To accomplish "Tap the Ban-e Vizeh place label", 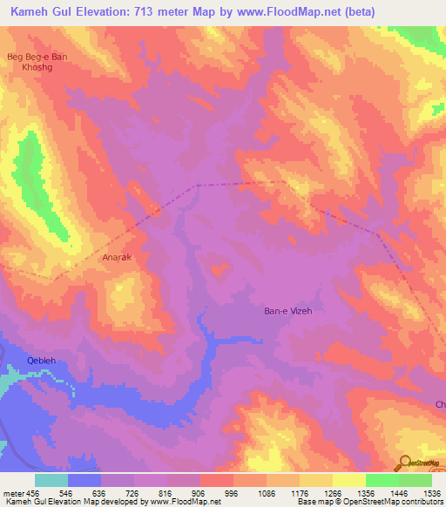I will pyautogui.click(x=287, y=311).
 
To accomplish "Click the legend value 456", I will pyautogui.click(x=35, y=492).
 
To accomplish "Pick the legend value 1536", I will pyautogui.click(x=430, y=492).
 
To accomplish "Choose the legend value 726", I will pyautogui.click(x=134, y=492).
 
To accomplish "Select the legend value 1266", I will pyautogui.click(x=332, y=492).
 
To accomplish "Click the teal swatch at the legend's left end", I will pyautogui.click(x=51, y=480).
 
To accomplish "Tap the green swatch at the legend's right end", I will pyautogui.click(x=415, y=480).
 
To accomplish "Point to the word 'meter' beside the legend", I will pyautogui.click(x=12, y=492).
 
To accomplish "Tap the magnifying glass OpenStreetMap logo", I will pyautogui.click(x=406, y=463).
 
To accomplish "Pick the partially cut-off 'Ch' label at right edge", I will pyautogui.click(x=440, y=404).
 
